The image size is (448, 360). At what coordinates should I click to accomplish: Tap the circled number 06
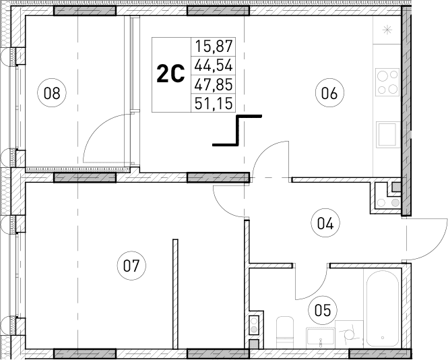[329, 93]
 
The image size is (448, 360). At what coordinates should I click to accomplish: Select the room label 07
[131, 265]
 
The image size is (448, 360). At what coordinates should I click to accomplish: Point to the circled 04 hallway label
[325, 221]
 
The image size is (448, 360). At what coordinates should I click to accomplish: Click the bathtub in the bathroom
[383, 309]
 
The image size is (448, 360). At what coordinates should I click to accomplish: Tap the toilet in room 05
[285, 332]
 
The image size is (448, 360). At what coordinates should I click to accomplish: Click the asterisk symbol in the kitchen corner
[387, 30]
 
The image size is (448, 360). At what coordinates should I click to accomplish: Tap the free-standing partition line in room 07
[174, 293]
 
